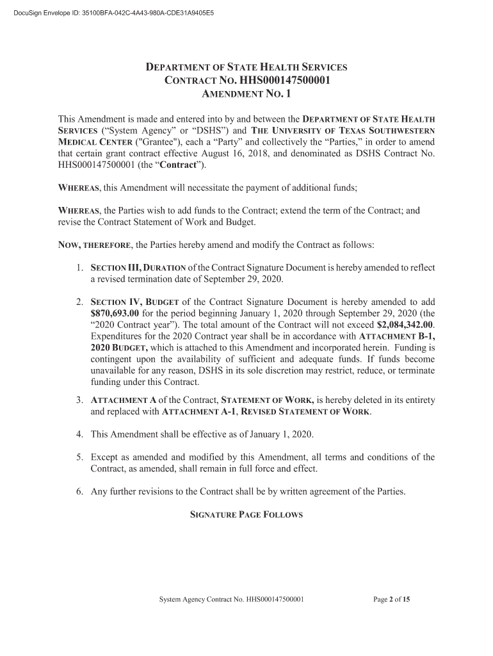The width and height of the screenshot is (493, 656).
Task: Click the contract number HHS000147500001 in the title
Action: click(283, 81)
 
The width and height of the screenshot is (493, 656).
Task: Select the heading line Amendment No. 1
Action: click(247, 94)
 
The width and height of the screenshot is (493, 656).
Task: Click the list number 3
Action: click(79, 400)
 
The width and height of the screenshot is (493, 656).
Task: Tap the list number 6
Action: click(79, 492)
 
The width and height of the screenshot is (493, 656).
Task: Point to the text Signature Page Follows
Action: click(247, 515)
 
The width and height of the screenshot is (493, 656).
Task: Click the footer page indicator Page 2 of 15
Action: click(391, 600)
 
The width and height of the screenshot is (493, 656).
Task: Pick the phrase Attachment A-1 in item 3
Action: click(191, 412)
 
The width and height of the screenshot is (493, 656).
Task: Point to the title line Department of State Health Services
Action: click(247, 67)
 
